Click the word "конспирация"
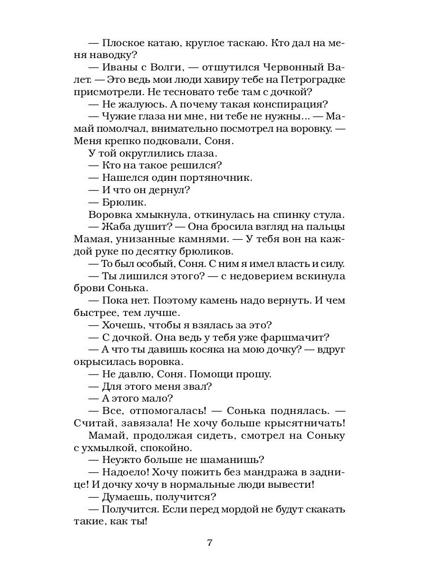[293, 104]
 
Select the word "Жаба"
[115, 227]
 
